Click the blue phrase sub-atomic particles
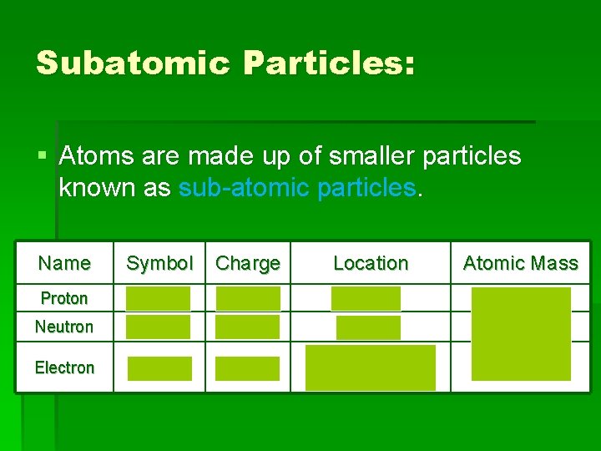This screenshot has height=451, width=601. (297, 187)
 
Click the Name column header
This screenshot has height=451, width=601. (64, 263)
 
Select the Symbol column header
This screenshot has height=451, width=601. (159, 263)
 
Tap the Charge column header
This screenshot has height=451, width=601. (248, 263)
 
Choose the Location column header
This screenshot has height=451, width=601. (371, 263)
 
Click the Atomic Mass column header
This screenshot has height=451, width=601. (520, 263)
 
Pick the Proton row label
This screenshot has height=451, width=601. (64, 298)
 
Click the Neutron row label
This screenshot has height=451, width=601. (64, 327)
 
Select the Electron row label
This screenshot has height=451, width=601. (64, 367)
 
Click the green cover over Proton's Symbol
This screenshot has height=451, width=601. (159, 298)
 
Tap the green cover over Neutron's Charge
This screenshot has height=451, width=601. (248, 327)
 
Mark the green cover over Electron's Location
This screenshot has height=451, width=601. (371, 367)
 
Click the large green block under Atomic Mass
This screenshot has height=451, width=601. (521, 334)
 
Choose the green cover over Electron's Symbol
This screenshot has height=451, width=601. (159, 368)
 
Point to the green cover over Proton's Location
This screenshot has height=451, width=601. (366, 298)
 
